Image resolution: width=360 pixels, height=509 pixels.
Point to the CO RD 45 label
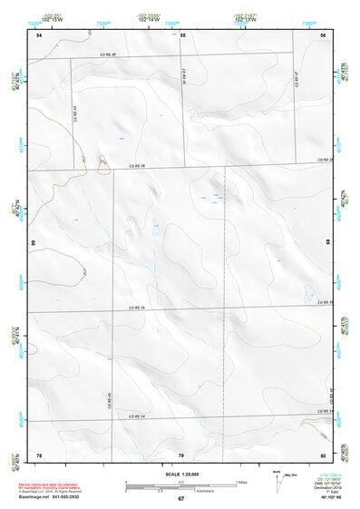click(x=109, y=399)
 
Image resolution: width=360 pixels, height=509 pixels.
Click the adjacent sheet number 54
click(x=39, y=34)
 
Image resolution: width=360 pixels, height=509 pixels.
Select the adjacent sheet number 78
click(x=39, y=454)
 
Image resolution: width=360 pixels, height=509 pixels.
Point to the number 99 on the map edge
click(x=32, y=243)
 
